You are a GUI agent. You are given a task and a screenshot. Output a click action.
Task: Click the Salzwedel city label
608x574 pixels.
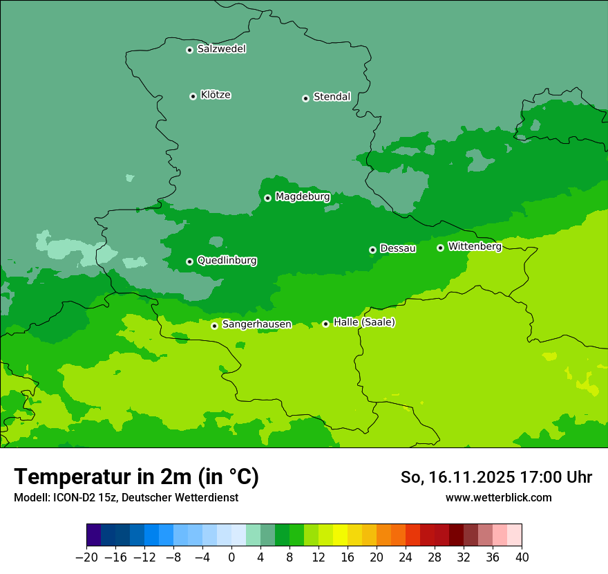(x=221, y=49)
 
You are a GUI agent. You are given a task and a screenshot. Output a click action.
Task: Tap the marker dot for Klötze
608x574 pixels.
(x=193, y=96)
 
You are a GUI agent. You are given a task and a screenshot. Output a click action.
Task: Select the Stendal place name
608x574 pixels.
(x=332, y=97)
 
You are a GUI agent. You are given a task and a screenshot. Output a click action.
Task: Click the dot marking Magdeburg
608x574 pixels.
(x=267, y=198)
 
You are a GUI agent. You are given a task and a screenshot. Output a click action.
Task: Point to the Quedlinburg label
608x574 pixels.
(x=227, y=261)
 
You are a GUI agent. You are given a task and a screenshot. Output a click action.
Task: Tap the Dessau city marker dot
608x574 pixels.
(x=372, y=250)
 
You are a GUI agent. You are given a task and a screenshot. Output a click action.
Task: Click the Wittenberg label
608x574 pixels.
(x=474, y=246)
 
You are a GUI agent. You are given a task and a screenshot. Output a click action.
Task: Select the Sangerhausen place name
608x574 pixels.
(x=256, y=324)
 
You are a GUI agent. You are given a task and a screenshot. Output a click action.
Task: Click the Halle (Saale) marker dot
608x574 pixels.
(x=325, y=324)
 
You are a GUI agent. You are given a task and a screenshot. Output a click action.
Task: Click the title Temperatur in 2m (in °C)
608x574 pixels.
(x=136, y=477)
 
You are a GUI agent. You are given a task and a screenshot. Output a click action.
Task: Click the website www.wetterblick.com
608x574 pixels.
(x=498, y=497)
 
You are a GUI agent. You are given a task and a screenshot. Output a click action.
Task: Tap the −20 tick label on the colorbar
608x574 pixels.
(x=86, y=557)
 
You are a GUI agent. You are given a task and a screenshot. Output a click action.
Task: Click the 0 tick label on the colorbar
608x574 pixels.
(x=231, y=557)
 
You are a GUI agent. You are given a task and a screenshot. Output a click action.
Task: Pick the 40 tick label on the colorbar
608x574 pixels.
(x=522, y=557)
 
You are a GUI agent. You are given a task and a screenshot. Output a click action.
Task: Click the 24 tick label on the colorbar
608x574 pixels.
(x=406, y=557)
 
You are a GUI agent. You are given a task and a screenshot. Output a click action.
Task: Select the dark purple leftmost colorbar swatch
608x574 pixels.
(x=94, y=536)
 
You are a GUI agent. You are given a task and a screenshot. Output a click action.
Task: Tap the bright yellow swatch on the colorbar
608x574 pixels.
(x=340, y=536)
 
